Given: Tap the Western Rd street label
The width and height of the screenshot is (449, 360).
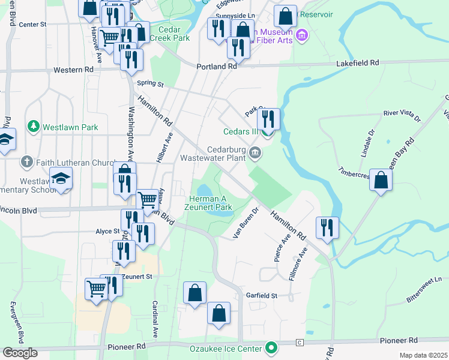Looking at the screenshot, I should pyautogui.click(x=73, y=70).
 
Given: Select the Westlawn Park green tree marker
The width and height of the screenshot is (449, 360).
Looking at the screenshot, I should pyautogui.click(x=33, y=127).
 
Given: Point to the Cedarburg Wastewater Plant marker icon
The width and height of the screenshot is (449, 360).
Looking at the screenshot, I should pyautogui.click(x=256, y=153).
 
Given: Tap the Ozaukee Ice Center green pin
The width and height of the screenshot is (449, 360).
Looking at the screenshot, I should pyautogui.click(x=271, y=348).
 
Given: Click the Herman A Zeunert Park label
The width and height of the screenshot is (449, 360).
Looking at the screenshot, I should pyautogui.click(x=211, y=203).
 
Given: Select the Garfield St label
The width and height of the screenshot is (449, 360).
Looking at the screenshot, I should pyautogui.click(x=262, y=296).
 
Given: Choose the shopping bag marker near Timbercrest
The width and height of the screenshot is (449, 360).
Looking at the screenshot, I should pyautogui.click(x=381, y=180).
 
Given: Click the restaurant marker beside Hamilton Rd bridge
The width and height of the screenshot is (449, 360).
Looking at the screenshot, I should pyautogui.click(x=327, y=227).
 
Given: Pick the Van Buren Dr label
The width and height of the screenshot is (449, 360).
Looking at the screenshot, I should pyautogui.click(x=246, y=223).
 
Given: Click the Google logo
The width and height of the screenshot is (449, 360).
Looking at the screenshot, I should pyautogui.click(x=19, y=353).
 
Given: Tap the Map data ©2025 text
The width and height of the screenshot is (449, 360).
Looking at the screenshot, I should pyautogui.click(x=423, y=355).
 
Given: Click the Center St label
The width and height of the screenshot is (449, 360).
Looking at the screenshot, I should pyautogui.click(x=32, y=25).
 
